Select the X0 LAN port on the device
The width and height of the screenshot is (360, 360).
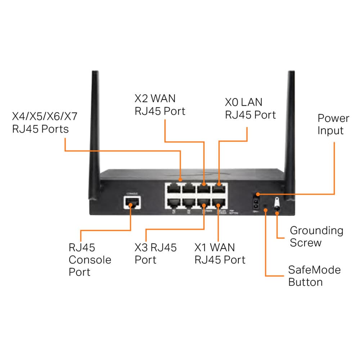(x=218, y=189)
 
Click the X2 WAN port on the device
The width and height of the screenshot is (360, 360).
(x=204, y=189)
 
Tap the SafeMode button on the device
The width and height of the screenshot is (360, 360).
(x=265, y=208)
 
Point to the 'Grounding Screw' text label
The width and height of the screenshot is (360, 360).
(x=316, y=236)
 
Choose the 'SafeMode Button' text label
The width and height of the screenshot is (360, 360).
(x=314, y=276)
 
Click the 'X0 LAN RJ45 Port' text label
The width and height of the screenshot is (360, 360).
(x=250, y=108)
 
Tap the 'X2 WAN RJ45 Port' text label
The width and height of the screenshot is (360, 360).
(x=160, y=105)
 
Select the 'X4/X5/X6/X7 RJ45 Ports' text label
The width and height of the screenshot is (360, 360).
(x=45, y=122)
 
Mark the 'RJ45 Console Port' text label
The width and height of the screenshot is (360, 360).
(x=90, y=260)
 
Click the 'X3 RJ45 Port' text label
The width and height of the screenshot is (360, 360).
(x=156, y=253)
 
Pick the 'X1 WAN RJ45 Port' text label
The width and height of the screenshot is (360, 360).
(x=220, y=253)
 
